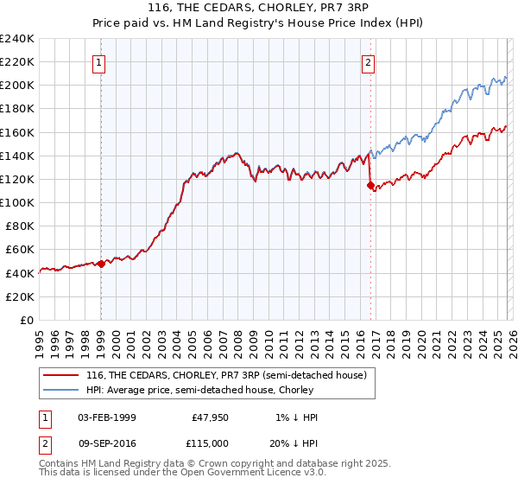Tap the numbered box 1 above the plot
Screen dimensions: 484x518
pyautogui.click(x=100, y=62)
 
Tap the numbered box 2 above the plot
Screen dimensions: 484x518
pyautogui.click(x=369, y=62)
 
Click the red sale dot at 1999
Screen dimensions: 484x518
pyautogui.click(x=101, y=264)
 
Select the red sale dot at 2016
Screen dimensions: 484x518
pyautogui.click(x=370, y=185)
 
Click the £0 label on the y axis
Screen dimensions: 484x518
pyautogui.click(x=26, y=320)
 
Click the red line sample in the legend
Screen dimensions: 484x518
pyautogui.click(x=61, y=375)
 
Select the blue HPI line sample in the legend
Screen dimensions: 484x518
pyautogui.click(x=61, y=390)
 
